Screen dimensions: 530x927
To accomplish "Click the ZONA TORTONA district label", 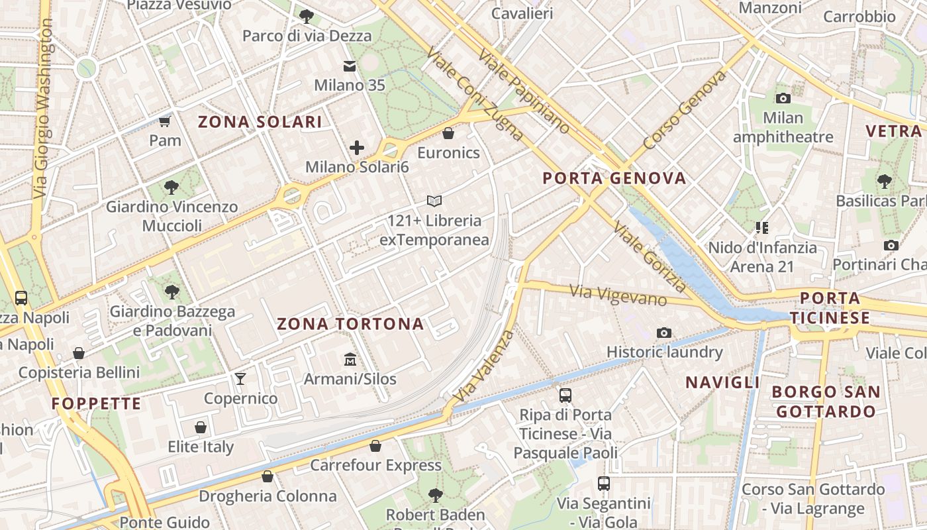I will click(x=350, y=324).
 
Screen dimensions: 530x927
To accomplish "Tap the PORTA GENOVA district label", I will click(x=614, y=178).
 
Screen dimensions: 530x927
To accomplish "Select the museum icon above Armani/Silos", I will click(x=350, y=360).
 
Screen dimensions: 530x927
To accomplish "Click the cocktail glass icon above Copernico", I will click(x=240, y=379).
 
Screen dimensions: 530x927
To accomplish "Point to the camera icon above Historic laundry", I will click(x=664, y=333).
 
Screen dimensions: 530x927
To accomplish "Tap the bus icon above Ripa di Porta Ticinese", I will click(x=565, y=396).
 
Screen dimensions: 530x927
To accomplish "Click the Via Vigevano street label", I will click(x=618, y=295).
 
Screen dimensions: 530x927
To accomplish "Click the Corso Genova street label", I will click(x=685, y=110).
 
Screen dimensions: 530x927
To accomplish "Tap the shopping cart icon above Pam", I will click(x=165, y=121).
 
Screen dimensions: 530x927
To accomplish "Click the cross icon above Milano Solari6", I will click(x=357, y=148).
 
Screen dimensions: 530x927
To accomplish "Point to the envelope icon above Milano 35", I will click(x=349, y=66).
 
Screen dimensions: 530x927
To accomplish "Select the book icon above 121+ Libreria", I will click(x=434, y=201).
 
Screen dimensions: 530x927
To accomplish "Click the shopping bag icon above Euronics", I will click(x=448, y=134).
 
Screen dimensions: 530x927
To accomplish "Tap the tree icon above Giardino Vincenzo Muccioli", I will click(x=171, y=187).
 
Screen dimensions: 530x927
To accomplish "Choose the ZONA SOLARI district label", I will click(x=260, y=122).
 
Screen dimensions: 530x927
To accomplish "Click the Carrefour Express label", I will click(x=375, y=465).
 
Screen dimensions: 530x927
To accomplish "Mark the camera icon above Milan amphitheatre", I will click(x=783, y=99).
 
